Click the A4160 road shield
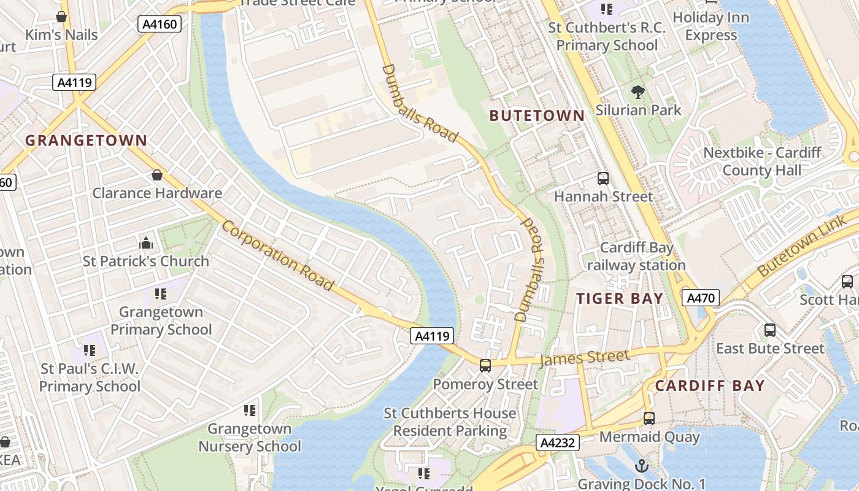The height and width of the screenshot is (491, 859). pos(160,25)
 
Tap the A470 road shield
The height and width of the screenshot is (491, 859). pos(700,298)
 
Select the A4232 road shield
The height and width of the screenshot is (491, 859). pos(557,443)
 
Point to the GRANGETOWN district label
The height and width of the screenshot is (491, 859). pos(86,141)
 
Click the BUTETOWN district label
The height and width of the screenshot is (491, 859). pos(537,115)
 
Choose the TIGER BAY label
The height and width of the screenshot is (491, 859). pos(620,299)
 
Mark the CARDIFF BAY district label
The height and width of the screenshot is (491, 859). pos(710,386)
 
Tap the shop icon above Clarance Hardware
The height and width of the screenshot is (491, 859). pos(157,176)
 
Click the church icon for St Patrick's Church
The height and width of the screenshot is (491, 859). pos(146,244)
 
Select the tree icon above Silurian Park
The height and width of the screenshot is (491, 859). pos(638,93)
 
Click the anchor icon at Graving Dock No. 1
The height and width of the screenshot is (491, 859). pos(642,466)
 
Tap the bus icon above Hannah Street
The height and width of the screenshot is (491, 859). pos(603,179)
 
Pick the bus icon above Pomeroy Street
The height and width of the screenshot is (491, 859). pos(485,366)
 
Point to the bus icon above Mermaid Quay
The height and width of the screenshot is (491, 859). pos(649,419)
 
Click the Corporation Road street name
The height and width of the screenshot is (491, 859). pos(277,255)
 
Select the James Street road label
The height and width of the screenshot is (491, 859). pos(584,358)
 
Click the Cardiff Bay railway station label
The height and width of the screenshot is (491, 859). pos(636,257)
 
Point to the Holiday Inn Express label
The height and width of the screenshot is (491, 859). pos(711,26)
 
